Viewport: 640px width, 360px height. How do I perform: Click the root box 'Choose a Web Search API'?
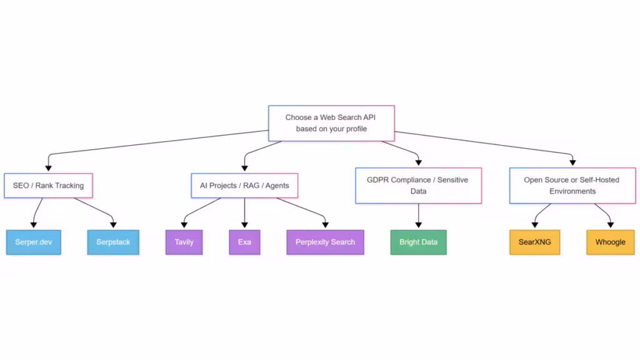(x=331, y=123)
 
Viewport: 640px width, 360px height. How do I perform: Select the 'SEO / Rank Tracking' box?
(x=48, y=186)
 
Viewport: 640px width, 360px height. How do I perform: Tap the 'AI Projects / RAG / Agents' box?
(x=244, y=186)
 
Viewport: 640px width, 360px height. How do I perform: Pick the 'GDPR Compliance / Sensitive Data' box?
(x=418, y=185)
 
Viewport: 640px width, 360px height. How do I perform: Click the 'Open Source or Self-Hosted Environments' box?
(x=572, y=185)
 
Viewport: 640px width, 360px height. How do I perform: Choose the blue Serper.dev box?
(x=34, y=242)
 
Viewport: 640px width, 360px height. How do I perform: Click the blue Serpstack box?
(x=113, y=242)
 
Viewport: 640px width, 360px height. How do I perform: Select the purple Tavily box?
(x=184, y=242)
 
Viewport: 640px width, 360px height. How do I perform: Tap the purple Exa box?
(x=244, y=242)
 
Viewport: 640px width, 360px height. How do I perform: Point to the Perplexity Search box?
(x=325, y=242)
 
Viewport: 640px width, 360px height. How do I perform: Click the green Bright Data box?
(x=418, y=242)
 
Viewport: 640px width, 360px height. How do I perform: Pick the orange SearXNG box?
(x=534, y=242)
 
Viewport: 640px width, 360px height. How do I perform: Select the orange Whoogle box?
(x=610, y=242)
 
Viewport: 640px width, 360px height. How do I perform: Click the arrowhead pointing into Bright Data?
(x=418, y=226)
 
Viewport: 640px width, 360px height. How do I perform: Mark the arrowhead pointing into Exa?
(x=244, y=226)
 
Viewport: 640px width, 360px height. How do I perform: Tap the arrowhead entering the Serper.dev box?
(x=34, y=226)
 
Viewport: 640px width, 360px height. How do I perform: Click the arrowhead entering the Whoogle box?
(x=610, y=226)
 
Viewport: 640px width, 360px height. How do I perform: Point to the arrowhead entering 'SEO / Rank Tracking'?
(x=48, y=169)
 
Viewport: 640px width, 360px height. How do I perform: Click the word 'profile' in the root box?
(x=354, y=129)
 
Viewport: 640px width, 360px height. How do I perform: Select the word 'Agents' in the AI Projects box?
(x=276, y=186)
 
